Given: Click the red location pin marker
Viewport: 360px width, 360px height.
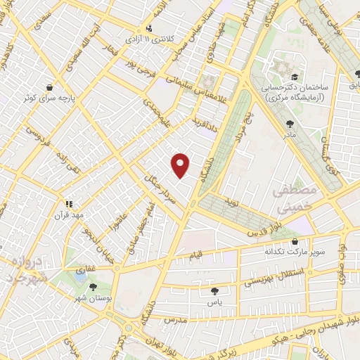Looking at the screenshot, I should point(181,165).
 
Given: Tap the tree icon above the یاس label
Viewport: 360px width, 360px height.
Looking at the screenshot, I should point(214,290).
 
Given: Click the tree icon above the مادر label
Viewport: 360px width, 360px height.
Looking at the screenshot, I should point(290,124).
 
